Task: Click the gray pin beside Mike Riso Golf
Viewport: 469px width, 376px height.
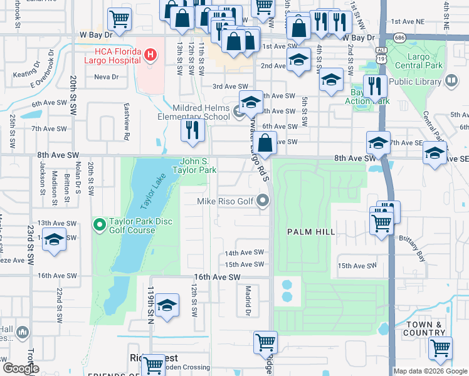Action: click(x=263, y=201)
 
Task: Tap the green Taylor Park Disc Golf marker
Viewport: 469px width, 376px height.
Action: click(x=98, y=224)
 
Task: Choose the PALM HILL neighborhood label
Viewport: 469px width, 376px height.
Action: click(x=311, y=232)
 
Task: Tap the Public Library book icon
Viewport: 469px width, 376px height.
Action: click(x=451, y=81)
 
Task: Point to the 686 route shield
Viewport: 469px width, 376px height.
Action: click(x=399, y=38)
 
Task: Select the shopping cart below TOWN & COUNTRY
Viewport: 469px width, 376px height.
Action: click(x=440, y=347)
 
